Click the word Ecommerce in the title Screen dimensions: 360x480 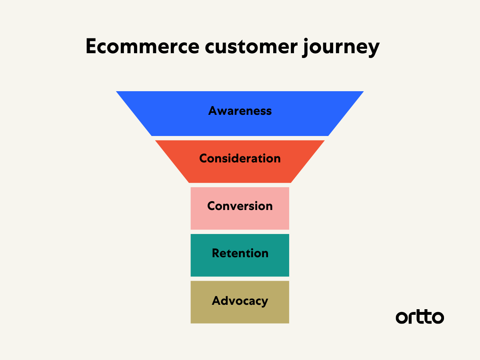point(142,47)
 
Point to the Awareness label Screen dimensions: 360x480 point(240,111)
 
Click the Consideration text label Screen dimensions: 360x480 point(240,158)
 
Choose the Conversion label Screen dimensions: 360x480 point(240,206)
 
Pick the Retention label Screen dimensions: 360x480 point(240,253)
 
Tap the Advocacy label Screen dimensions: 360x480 point(240,301)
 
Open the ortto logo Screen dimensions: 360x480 point(420,317)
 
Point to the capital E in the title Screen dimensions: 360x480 point(92,47)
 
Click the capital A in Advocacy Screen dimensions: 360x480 point(216,301)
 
